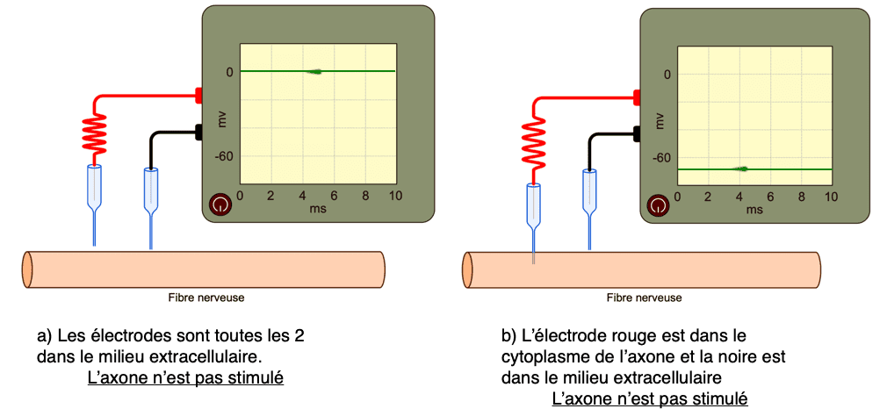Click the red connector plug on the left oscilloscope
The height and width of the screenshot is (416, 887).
pos(199,95)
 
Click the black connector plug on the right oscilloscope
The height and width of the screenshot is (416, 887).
pos(637,134)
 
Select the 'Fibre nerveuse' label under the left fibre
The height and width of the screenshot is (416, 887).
pos(206,298)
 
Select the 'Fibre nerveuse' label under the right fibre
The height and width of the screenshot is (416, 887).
pos(645,298)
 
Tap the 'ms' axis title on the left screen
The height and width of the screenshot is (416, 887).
pos(317,209)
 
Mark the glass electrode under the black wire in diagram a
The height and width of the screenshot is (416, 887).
pos(150,207)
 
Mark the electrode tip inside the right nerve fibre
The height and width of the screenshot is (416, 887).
pos(533,257)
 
